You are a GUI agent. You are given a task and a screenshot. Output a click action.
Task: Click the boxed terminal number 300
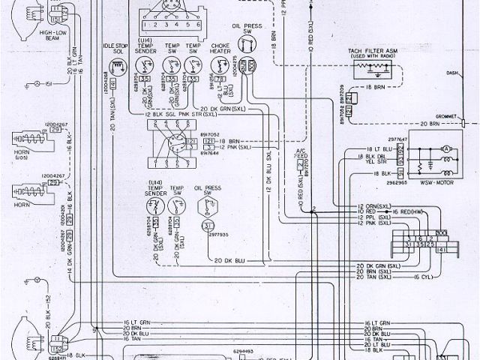pos(442,234)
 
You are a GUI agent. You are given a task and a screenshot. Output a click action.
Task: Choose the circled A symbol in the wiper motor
pos(445,150)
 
